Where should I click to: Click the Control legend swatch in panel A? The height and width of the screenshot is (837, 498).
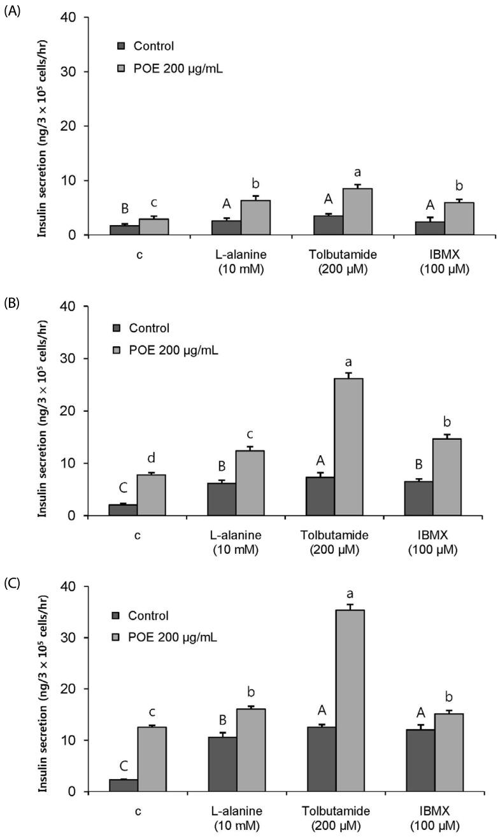[122, 46]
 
